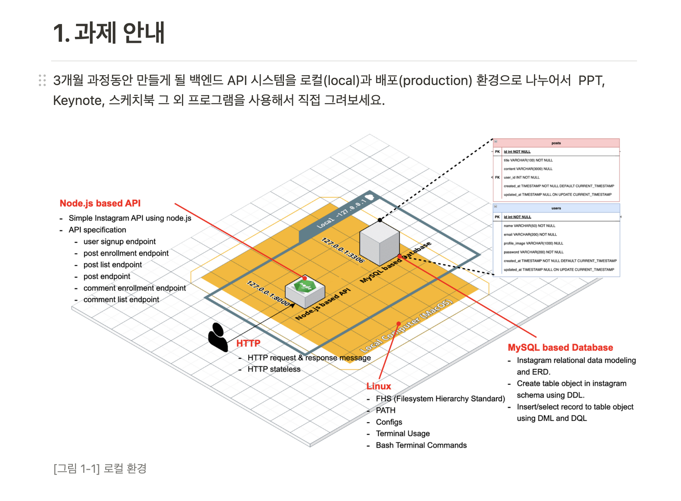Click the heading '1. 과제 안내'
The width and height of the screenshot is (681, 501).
(x=109, y=33)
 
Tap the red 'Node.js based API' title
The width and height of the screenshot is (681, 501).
(x=100, y=203)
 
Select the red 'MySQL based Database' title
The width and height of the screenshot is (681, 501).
(x=560, y=348)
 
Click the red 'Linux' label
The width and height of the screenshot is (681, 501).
(x=379, y=386)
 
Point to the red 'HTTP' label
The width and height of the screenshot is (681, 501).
(x=248, y=343)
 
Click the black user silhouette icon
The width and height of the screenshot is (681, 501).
(x=218, y=337)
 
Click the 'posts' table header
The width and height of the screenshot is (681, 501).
(x=556, y=143)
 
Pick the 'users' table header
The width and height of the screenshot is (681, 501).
(x=556, y=208)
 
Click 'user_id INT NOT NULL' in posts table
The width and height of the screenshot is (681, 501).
(x=522, y=178)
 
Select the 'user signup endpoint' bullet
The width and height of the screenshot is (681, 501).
(x=120, y=241)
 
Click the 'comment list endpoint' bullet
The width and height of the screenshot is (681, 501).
(x=121, y=300)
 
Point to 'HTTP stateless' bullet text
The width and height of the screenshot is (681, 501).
(x=274, y=369)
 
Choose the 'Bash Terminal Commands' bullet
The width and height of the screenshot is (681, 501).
(x=421, y=445)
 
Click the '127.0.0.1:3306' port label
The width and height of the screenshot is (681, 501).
(x=343, y=250)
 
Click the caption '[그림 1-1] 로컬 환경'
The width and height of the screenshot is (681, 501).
(x=100, y=469)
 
